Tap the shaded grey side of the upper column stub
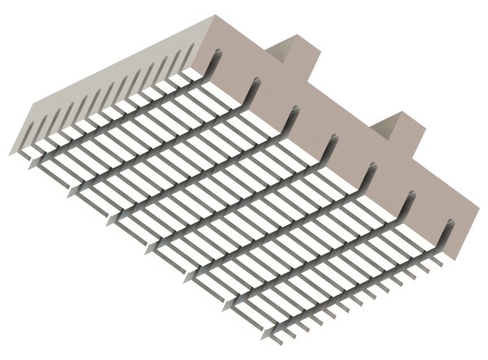281,52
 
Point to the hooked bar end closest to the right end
447,227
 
